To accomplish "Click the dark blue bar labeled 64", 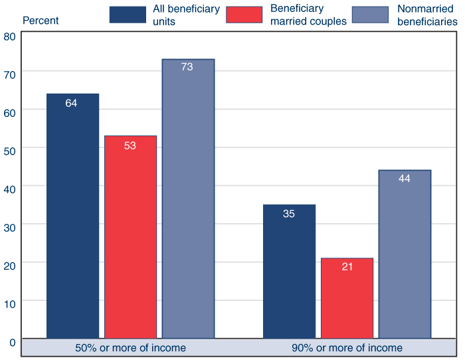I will click(72, 216).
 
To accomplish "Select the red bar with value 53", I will click(130, 237).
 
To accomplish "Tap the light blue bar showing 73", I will click(188, 199).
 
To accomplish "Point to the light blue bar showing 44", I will click(405, 254).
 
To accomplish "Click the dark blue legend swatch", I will click(128, 15).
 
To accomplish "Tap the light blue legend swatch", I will click(369, 15).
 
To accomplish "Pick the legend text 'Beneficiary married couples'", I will click(308, 15).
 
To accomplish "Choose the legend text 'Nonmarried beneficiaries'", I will click(427, 15).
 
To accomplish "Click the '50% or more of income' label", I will click(130, 347).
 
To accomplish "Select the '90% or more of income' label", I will click(347, 347).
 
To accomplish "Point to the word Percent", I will click(41, 20).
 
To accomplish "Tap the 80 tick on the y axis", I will click(9, 37).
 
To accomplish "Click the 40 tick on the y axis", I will click(9, 188).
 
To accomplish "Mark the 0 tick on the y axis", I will click(12, 342).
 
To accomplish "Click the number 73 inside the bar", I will click(187, 67).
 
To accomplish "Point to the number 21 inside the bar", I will click(347, 266).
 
